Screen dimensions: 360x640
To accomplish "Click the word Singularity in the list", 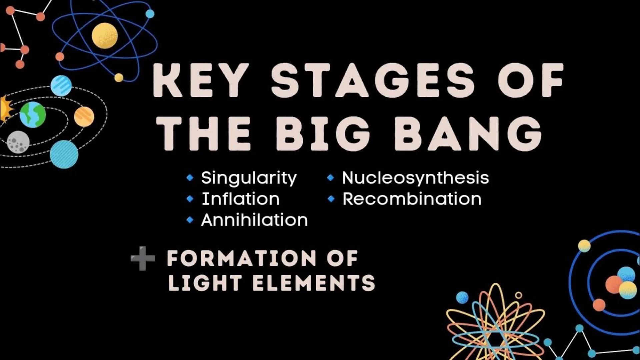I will tap(249, 178).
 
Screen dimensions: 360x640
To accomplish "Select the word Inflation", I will tap(241, 199).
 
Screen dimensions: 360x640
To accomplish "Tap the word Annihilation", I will tap(254, 220).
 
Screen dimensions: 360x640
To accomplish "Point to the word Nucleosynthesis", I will tap(415, 178).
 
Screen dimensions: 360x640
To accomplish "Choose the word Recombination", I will tap(412, 199).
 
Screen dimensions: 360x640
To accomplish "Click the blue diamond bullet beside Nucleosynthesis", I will tap(330, 178).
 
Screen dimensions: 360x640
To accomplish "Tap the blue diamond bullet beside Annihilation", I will tap(190, 220).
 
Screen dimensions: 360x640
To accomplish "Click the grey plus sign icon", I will tap(143, 258).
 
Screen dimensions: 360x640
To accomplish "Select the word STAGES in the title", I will tap(373, 81).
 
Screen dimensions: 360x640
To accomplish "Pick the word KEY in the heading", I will tap(201, 81).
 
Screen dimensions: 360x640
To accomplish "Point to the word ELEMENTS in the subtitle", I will tap(314, 283).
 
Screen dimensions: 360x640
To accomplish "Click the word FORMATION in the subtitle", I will tap(241, 258).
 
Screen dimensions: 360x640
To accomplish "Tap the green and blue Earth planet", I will tap(33, 115).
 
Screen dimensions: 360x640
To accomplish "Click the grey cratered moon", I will tap(18, 142).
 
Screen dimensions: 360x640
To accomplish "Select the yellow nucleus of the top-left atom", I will tap(105, 35).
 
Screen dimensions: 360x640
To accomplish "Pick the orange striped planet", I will tap(84, 117).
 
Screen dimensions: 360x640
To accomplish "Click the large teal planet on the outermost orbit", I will tap(64, 154).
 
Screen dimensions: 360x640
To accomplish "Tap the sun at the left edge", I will tap(5, 109).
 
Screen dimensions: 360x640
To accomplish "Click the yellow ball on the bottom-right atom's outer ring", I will tap(584, 246).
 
